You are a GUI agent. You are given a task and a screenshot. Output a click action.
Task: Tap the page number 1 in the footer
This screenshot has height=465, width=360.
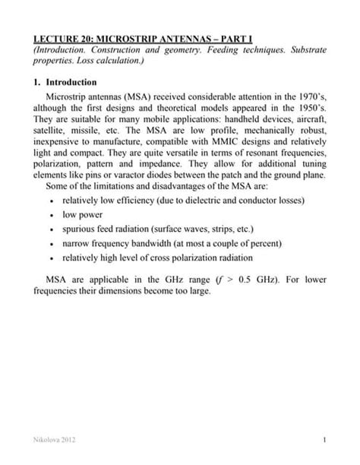pyautogui.click(x=324, y=440)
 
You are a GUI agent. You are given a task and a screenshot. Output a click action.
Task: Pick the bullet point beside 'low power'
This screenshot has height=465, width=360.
pyautogui.click(x=49, y=215)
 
